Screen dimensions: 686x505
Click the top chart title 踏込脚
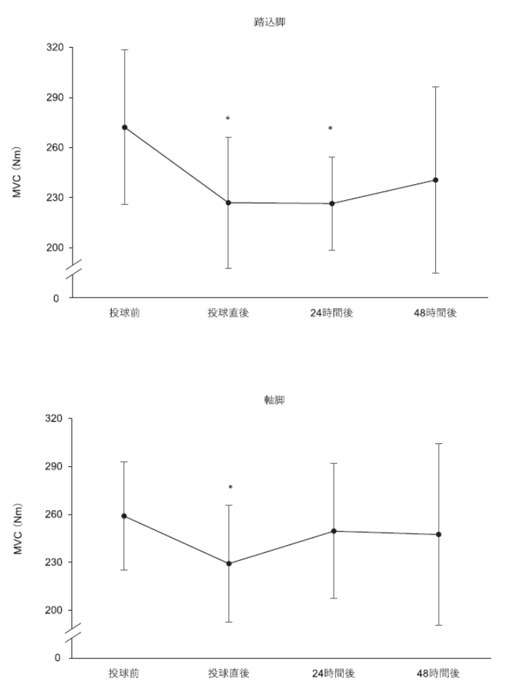coord(264,23)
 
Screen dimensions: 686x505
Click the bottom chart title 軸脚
coord(264,401)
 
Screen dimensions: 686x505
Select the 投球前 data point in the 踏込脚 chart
coord(124,127)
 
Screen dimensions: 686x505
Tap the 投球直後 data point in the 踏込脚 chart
coord(228,203)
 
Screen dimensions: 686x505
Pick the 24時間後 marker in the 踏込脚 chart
coord(331,204)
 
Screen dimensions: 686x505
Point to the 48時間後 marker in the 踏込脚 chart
coord(436,180)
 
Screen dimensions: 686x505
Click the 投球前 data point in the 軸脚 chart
coord(124,516)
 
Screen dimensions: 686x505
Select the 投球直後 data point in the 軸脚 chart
coord(228,564)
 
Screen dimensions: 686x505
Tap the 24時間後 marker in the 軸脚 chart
coord(334,531)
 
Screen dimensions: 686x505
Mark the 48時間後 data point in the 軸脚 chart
coord(439,534)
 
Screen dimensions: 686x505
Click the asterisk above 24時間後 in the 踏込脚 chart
coord(331,129)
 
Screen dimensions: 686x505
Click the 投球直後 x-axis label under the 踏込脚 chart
coord(228,314)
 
